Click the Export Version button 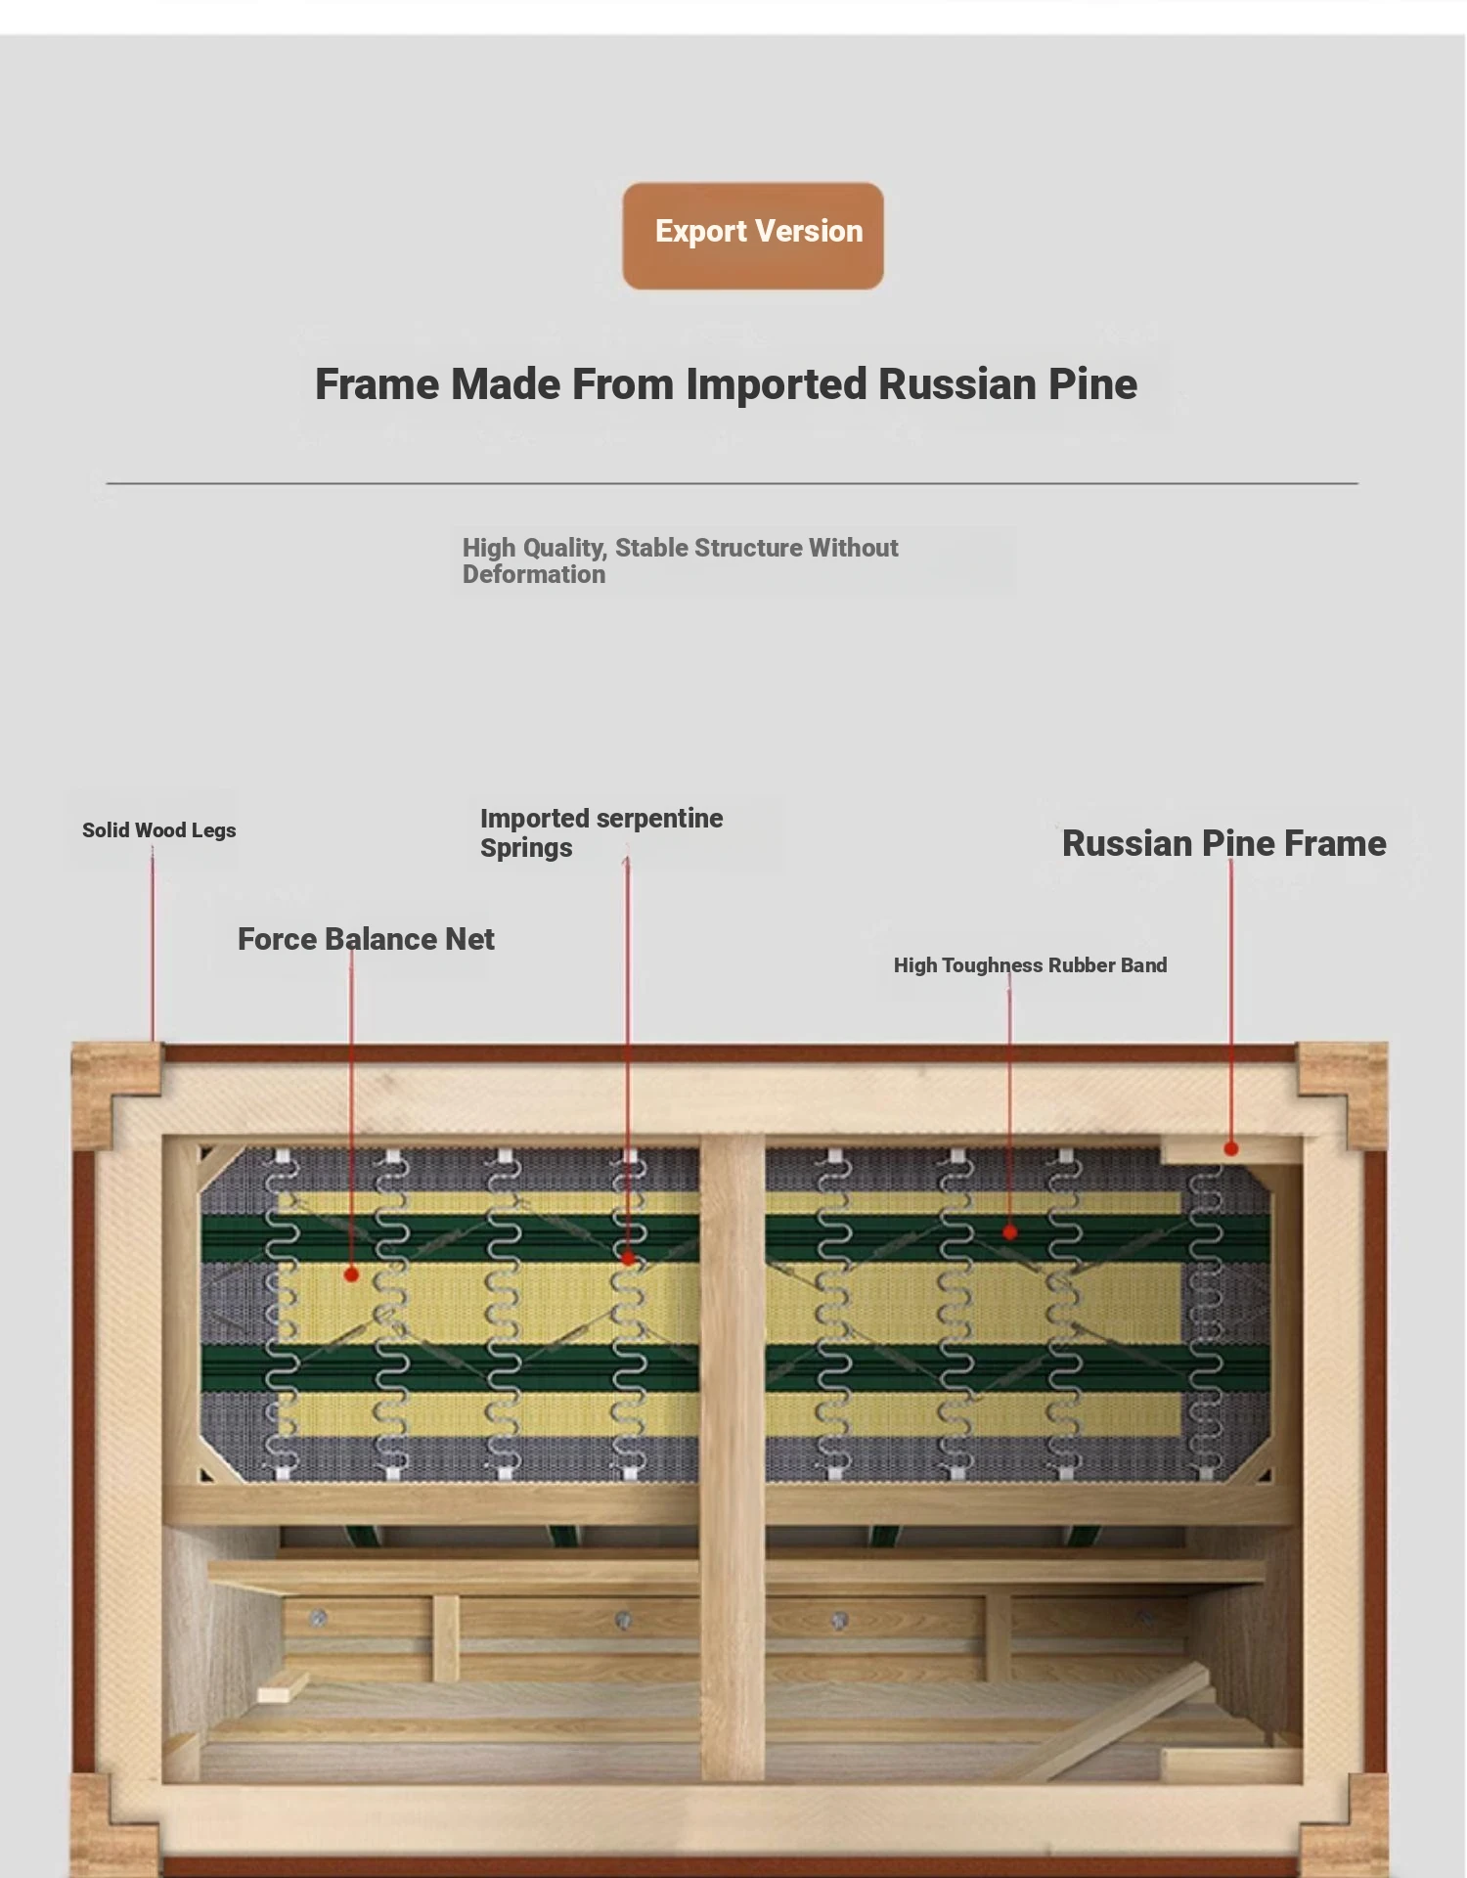[x=753, y=236]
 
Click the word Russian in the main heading [x=957, y=384]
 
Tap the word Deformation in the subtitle [x=534, y=574]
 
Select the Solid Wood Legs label [x=159, y=830]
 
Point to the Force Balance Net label [x=366, y=939]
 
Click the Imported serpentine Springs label [x=601, y=832]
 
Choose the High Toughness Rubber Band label [x=1030, y=965]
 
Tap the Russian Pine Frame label [x=1224, y=843]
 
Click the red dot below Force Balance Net [x=351, y=1274]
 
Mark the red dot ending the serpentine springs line [x=628, y=1259]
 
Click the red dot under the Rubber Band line [x=1010, y=1232]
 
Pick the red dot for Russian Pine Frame [x=1231, y=1148]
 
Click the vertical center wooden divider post [x=733, y=1457]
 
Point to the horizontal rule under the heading [x=733, y=483]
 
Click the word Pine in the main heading [x=1092, y=384]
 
